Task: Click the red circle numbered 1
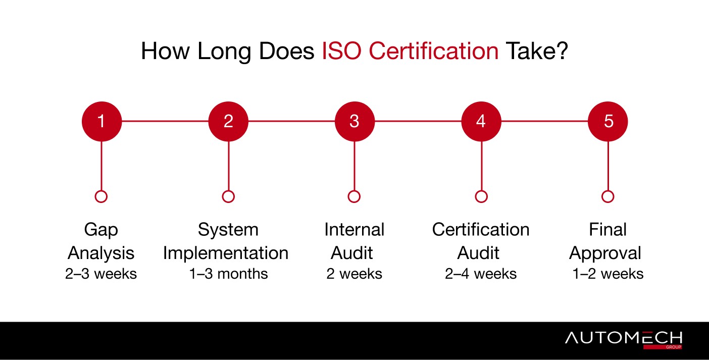tap(102, 121)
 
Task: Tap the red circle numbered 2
tap(228, 121)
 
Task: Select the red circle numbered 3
tap(354, 121)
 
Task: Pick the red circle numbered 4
tap(481, 121)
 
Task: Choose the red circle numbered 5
tap(607, 121)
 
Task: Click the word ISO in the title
tap(341, 51)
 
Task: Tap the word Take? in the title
tap(537, 51)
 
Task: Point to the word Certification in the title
tap(434, 51)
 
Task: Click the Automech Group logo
tap(624, 340)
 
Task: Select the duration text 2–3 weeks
tap(101, 274)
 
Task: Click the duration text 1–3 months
tap(228, 274)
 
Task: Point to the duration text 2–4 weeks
tap(480, 274)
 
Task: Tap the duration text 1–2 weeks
tap(607, 274)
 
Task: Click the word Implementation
tap(226, 253)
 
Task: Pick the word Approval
tap(605, 253)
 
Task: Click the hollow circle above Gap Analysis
tap(101, 190)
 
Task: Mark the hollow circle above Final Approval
tap(607, 190)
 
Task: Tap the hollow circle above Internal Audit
tap(354, 190)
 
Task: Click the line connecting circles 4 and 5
tap(544, 121)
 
